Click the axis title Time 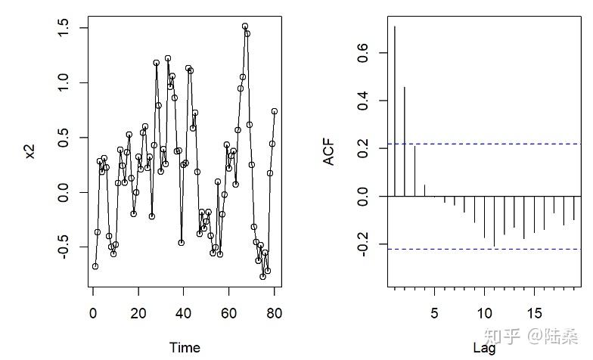click(x=185, y=347)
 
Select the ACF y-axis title click(x=330, y=152)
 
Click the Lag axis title click(x=484, y=348)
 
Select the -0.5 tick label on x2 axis click(x=64, y=248)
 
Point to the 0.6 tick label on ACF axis click(x=362, y=52)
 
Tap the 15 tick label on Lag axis click(x=534, y=311)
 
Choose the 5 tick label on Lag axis click(x=434, y=311)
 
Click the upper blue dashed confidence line click(x=484, y=144)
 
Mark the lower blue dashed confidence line click(x=484, y=249)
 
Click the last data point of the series click(x=275, y=111)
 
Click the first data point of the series click(x=95, y=266)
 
